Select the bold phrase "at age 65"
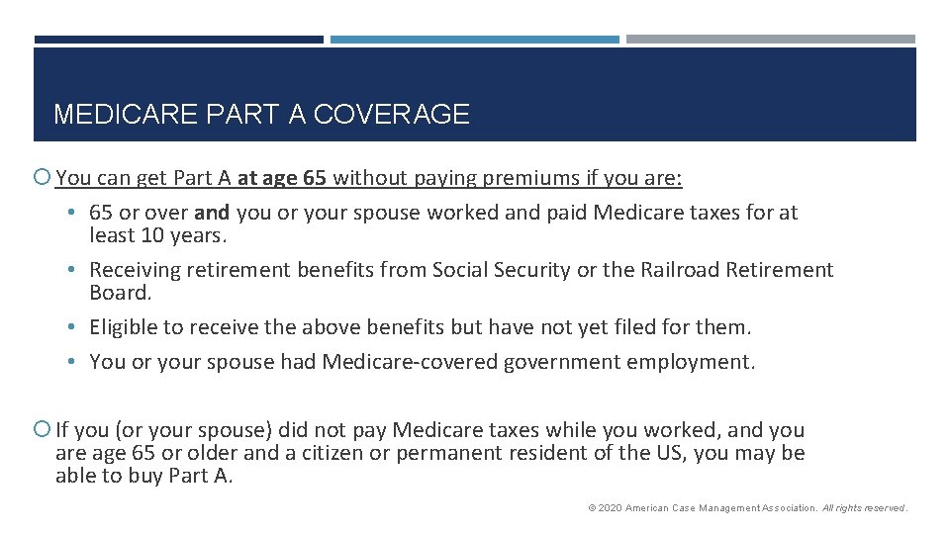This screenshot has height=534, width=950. [281, 179]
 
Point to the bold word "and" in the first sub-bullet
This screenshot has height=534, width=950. [213, 213]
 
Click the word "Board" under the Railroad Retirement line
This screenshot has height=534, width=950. [118, 293]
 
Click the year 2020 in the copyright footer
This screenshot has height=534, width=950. [610, 508]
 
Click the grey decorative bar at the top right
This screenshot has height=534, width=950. [771, 40]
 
